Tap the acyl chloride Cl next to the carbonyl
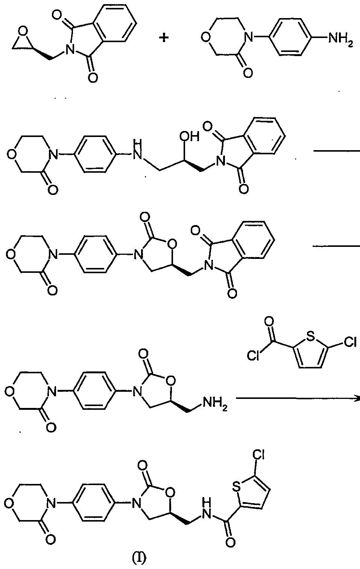tap(254, 356)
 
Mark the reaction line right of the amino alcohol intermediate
tap(337, 151)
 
